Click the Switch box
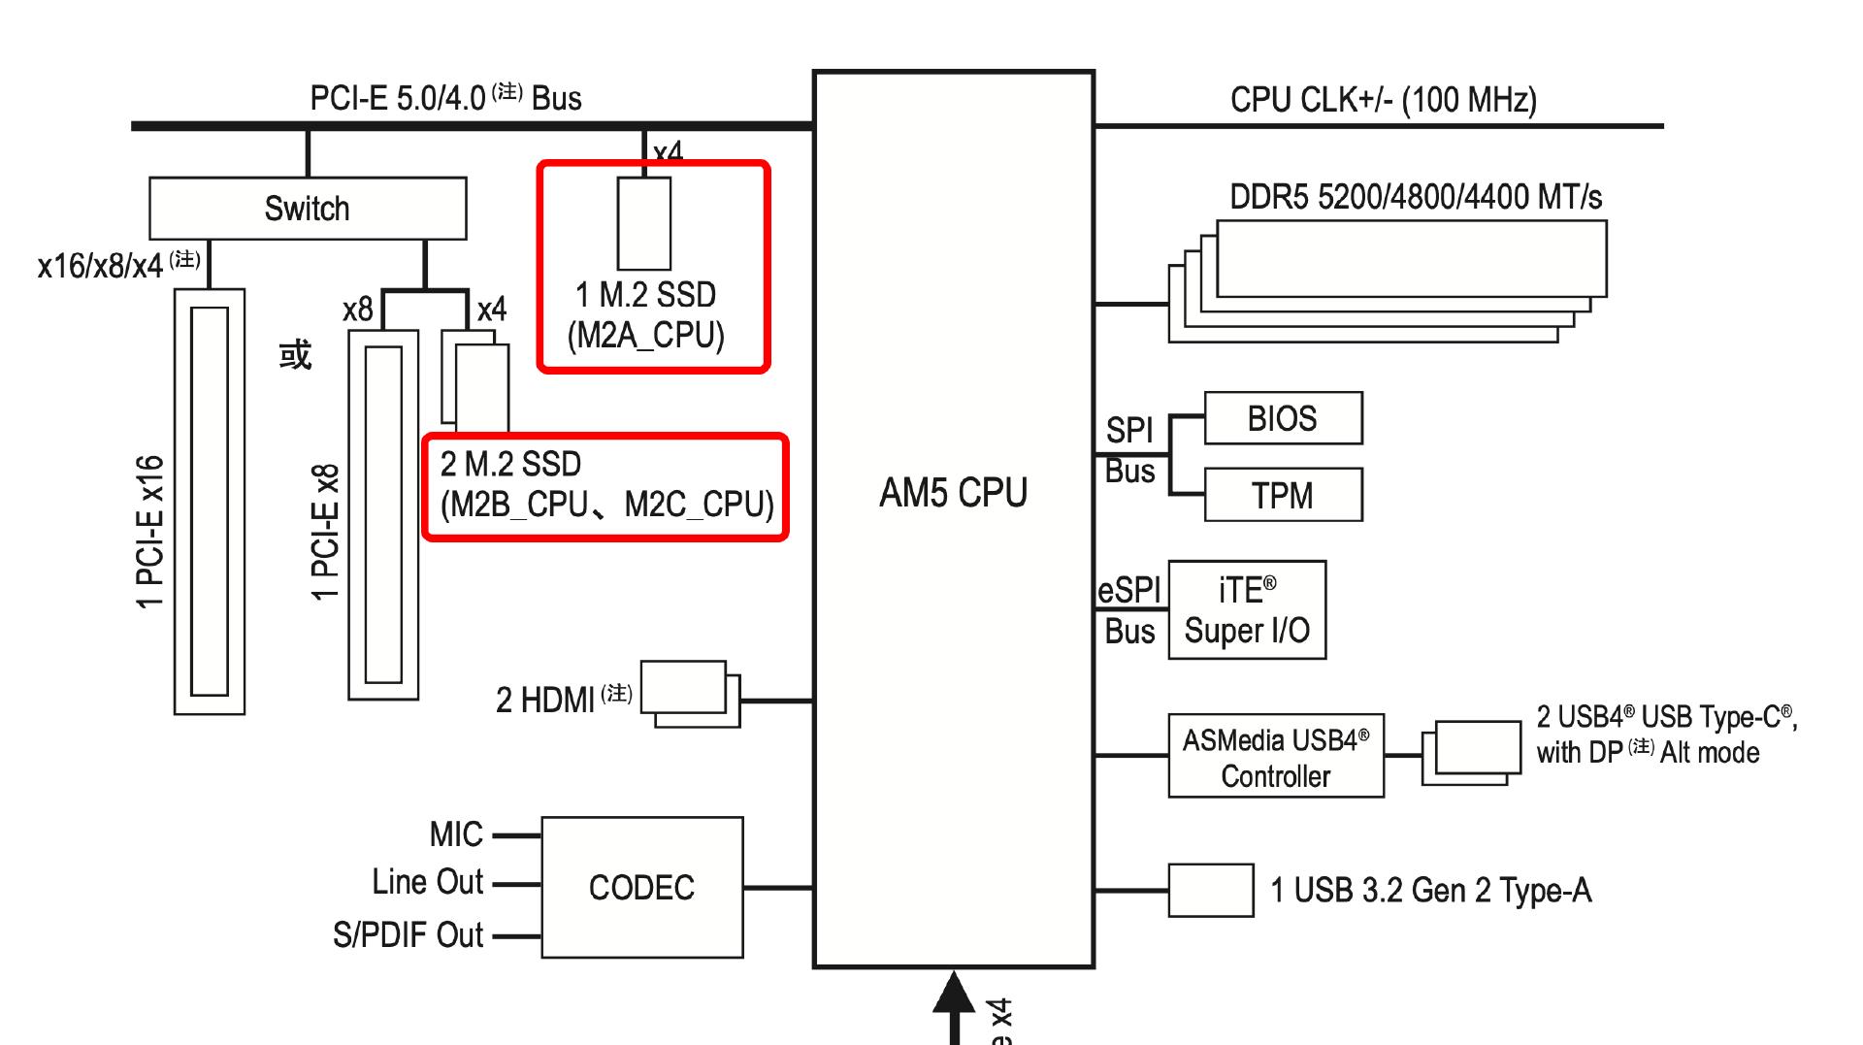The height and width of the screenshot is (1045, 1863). click(307, 209)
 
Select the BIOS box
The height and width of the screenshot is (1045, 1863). click(1283, 418)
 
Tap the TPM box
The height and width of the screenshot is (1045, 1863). click(1283, 495)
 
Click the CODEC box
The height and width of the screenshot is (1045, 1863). click(641, 887)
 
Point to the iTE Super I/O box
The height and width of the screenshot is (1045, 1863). click(1247, 610)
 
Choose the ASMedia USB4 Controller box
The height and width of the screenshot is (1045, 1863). click(1275, 757)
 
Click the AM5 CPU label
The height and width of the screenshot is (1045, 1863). click(953, 493)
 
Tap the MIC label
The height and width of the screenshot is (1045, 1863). click(456, 834)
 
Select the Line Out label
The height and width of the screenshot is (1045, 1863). click(427, 882)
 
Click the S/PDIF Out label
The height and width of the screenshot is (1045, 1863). click(408, 935)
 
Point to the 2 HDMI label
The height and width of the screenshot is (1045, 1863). click(544, 700)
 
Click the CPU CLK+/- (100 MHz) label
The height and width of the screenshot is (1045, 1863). click(1383, 100)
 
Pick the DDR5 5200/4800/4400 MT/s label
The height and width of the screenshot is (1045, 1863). click(1415, 197)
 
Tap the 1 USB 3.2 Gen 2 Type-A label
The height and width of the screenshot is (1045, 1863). click(1430, 891)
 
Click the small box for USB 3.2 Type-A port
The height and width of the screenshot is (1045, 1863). click(1210, 890)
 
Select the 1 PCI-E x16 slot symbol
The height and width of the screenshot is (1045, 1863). click(210, 502)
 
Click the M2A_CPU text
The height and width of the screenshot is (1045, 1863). click(646, 336)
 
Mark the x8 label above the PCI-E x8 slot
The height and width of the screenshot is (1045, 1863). click(357, 310)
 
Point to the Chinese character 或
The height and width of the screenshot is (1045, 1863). click(296, 354)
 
